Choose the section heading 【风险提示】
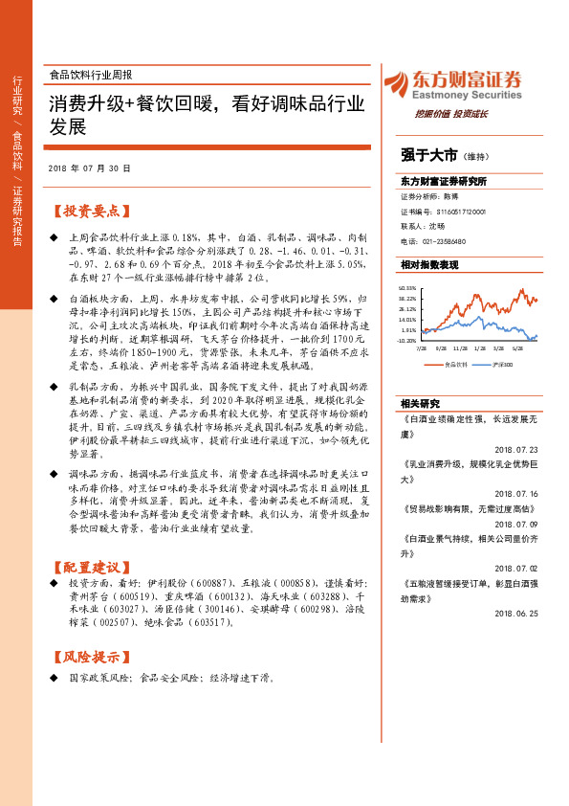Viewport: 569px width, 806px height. [x=88, y=658]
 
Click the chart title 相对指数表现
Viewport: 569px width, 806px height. [x=430, y=264]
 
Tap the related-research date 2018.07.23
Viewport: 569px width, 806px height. [x=516, y=447]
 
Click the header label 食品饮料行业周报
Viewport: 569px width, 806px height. [x=90, y=74]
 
